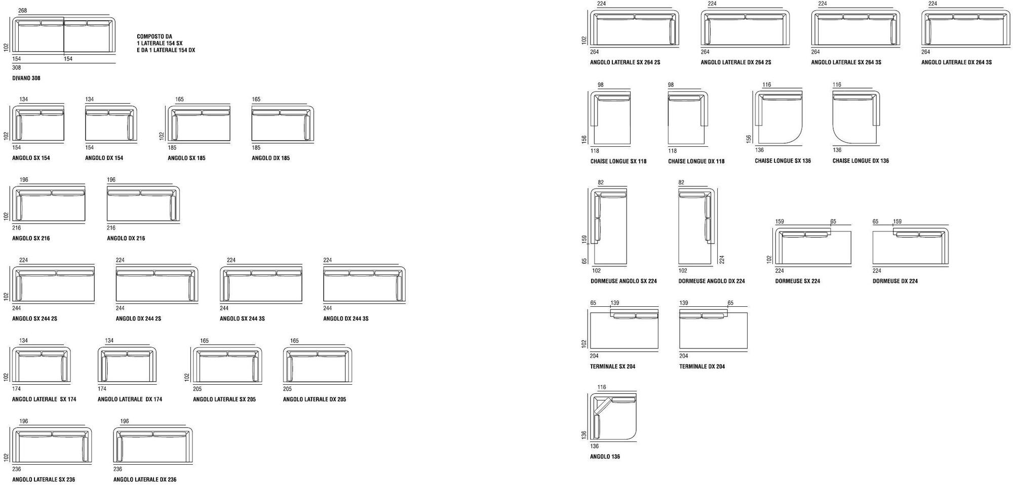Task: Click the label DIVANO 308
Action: point(26,78)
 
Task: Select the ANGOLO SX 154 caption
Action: point(31,158)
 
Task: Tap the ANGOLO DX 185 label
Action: point(270,158)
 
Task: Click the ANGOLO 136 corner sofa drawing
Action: point(613,418)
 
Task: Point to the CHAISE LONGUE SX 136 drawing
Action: point(778,118)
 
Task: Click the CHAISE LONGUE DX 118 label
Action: point(696,161)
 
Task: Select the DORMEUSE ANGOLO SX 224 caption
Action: point(624,281)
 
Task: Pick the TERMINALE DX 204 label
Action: point(702,367)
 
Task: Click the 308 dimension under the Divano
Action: point(17,68)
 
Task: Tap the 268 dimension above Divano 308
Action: point(22,11)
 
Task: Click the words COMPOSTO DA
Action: point(154,36)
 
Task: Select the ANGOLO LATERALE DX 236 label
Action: point(145,479)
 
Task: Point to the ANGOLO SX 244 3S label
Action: point(242,318)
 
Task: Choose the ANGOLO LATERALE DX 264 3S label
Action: point(956,62)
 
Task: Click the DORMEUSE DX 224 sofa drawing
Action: point(910,247)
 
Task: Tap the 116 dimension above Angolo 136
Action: point(602,387)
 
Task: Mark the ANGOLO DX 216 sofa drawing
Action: point(143,204)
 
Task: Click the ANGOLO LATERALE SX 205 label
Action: point(224,399)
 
